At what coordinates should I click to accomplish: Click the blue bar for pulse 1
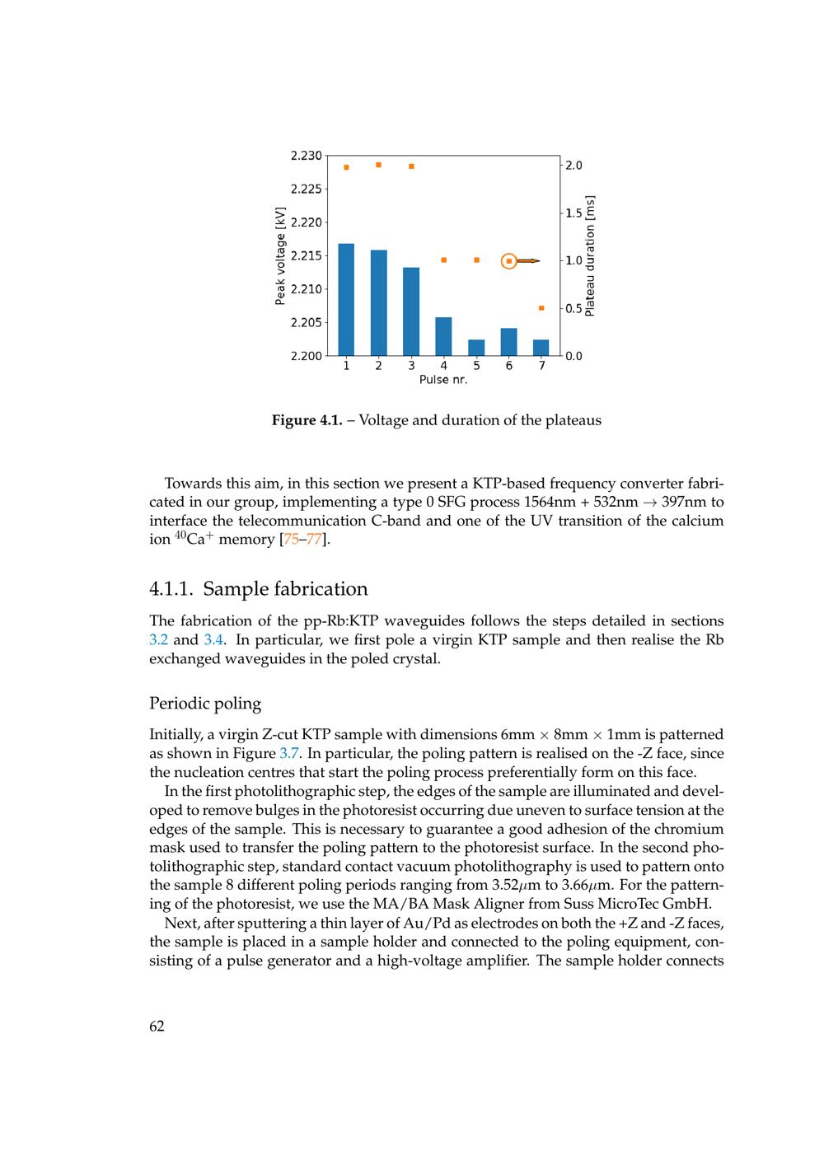(346, 299)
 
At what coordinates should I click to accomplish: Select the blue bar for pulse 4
(443, 336)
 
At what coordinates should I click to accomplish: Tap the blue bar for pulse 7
(541, 348)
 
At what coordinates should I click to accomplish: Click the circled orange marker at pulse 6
(509, 261)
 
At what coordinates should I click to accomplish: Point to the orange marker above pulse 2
(378, 165)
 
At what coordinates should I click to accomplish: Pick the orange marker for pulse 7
(541, 308)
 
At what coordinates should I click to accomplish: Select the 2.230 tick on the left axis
(307, 156)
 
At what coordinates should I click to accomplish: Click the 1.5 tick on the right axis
(574, 213)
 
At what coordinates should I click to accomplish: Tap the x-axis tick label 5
(476, 366)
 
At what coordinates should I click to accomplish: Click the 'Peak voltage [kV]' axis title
(280, 255)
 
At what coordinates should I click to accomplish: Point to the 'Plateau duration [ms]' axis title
(589, 255)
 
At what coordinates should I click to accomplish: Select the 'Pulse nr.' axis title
(443, 380)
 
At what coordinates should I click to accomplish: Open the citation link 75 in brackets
(291, 540)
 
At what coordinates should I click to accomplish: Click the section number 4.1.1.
(171, 589)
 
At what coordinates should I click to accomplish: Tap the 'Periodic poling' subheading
(205, 704)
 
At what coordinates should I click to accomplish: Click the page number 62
(157, 1026)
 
